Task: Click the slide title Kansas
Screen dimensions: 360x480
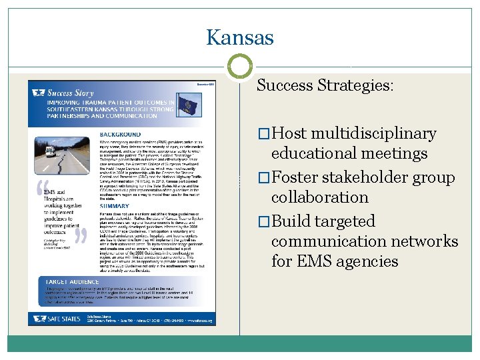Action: coord(240,37)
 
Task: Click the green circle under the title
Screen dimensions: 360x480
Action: coord(240,66)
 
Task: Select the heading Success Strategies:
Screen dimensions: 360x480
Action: coord(325,85)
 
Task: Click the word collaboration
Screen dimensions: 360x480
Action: coord(319,197)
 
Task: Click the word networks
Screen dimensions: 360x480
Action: coord(429,241)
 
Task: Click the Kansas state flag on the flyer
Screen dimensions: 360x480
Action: coord(186,105)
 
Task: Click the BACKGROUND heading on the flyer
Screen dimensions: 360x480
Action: coord(120,134)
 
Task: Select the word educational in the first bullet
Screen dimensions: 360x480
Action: coord(313,153)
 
